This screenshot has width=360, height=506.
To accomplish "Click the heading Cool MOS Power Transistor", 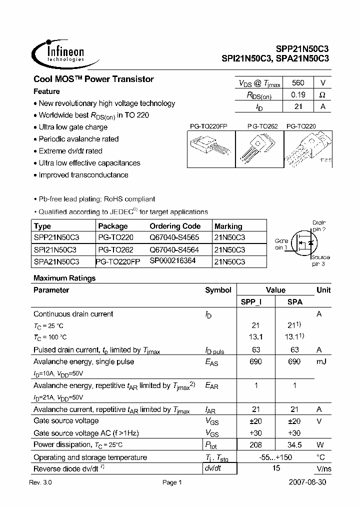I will (x=93, y=79).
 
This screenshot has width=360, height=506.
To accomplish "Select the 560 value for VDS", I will (x=297, y=83).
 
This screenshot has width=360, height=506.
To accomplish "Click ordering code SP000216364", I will (x=172, y=261).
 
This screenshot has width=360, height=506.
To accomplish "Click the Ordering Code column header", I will (x=175, y=226).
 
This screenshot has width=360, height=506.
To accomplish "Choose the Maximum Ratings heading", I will (x=64, y=278).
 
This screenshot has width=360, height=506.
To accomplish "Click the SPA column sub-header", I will (x=295, y=302).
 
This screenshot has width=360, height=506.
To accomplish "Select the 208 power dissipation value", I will (x=255, y=445).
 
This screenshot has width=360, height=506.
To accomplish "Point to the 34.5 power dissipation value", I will (x=295, y=445).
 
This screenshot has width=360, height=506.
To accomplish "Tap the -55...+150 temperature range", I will (x=275, y=457).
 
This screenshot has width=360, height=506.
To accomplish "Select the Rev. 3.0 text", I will (x=40, y=482).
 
